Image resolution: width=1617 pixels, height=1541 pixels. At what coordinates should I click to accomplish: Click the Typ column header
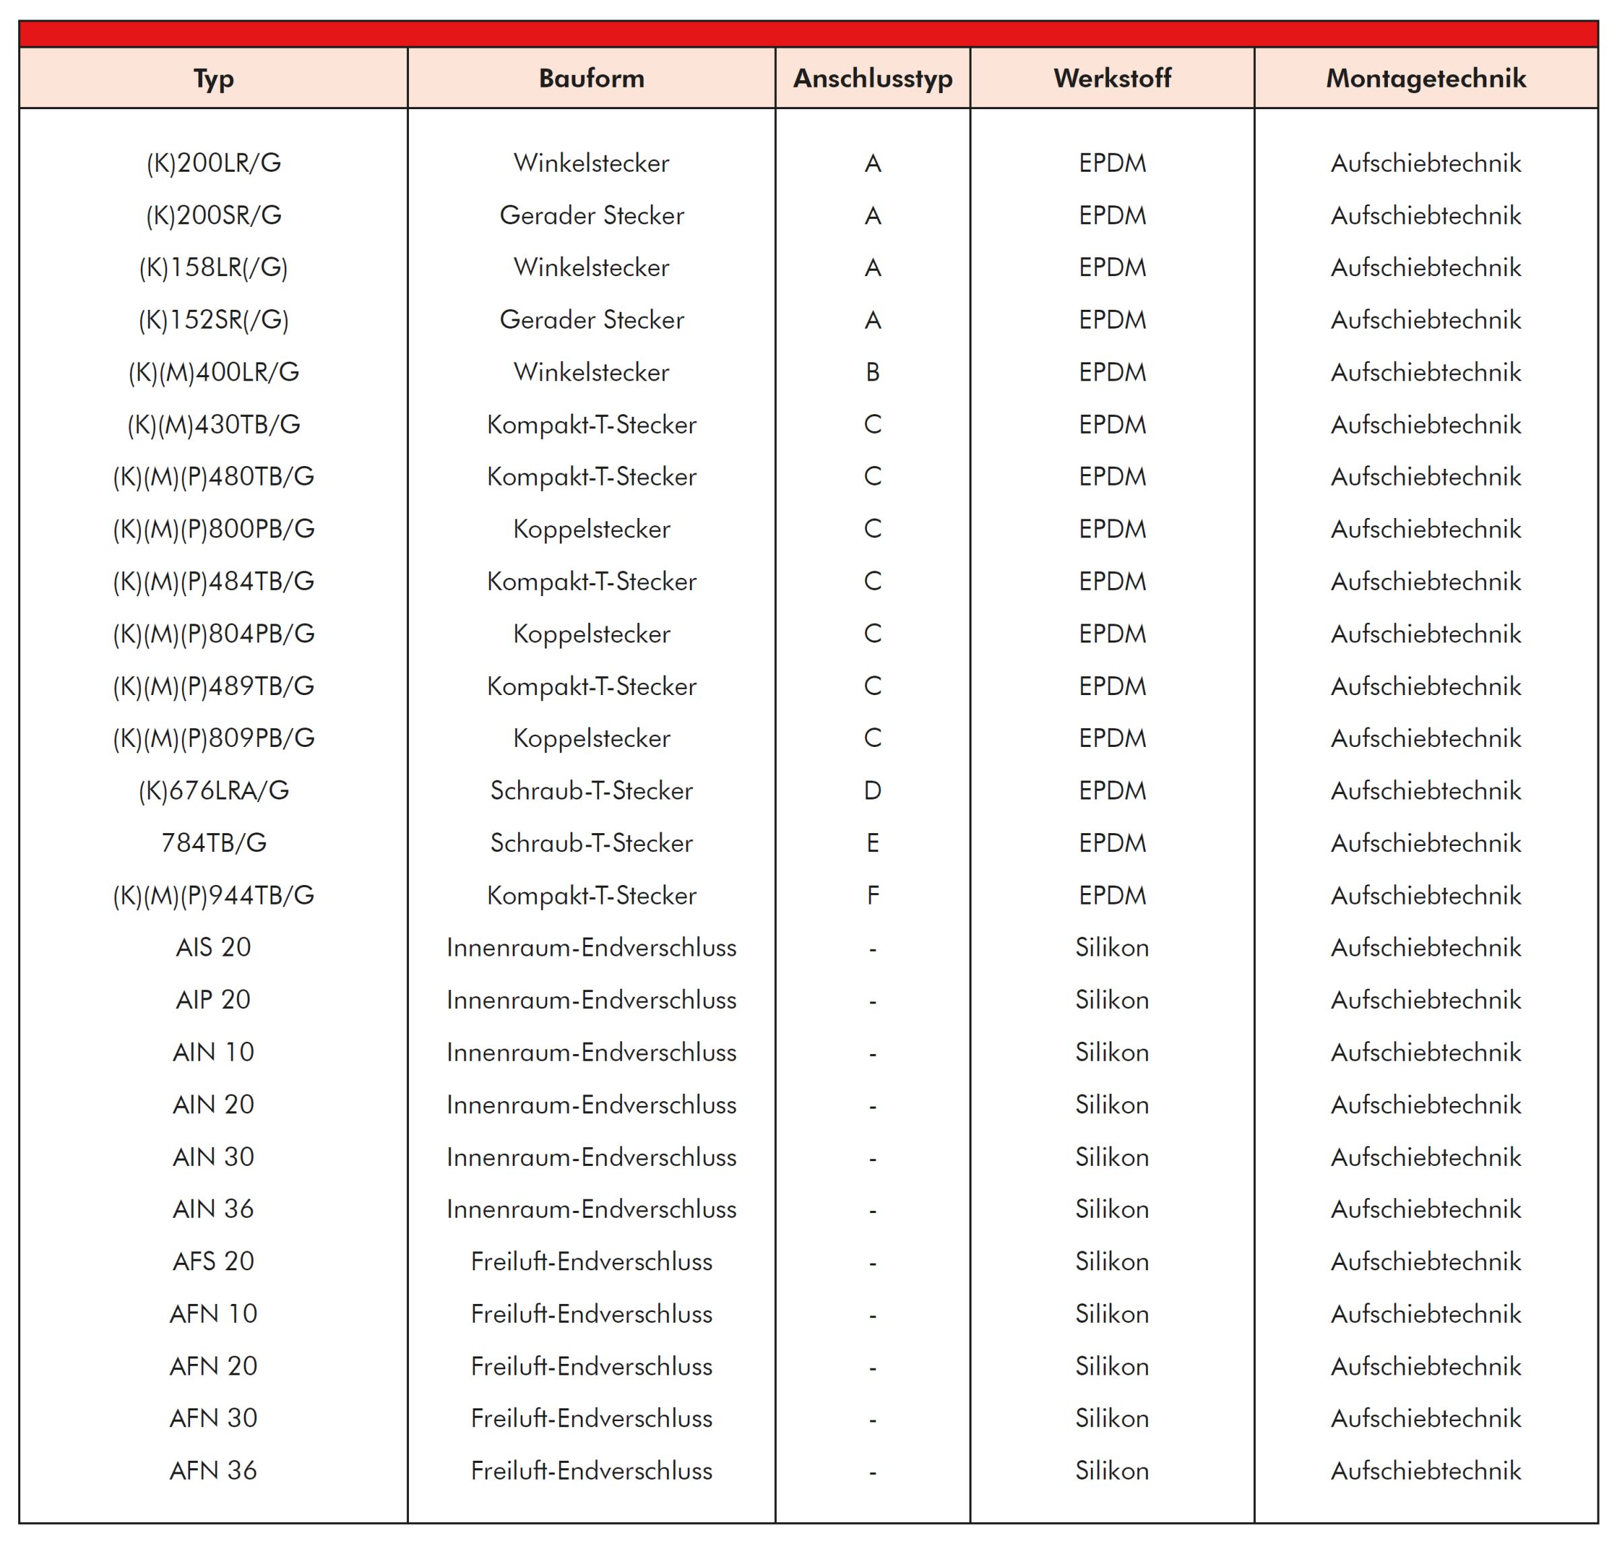point(214,79)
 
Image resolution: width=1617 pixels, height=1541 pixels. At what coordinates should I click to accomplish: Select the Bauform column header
point(592,79)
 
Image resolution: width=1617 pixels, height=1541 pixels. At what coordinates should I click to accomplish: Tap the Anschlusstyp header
point(873,79)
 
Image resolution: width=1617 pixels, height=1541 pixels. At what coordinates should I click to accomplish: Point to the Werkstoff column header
point(1112,79)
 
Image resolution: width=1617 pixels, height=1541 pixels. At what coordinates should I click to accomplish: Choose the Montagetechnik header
point(1426,79)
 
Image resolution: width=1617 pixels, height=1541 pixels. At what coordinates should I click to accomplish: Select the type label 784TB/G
point(214,843)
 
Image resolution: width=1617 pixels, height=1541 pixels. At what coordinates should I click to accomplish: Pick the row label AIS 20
point(214,947)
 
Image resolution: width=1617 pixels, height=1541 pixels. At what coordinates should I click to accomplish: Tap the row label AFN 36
point(214,1470)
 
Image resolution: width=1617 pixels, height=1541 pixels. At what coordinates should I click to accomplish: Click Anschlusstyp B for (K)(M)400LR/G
point(873,372)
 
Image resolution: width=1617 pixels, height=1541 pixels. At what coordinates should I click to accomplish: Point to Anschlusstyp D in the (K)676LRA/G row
point(873,790)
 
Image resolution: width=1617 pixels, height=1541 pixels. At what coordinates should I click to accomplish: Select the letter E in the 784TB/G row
point(873,843)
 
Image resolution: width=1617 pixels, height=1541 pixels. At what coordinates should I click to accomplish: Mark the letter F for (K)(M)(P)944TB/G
point(873,895)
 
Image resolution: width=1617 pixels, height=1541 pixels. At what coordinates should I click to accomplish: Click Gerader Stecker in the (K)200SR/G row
point(592,216)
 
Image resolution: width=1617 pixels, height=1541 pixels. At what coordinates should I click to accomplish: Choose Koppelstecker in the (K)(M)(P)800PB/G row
point(592,529)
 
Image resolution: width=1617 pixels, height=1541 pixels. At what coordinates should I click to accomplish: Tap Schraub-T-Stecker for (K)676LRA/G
point(592,790)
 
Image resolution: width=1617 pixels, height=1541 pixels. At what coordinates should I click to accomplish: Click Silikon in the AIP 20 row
point(1112,999)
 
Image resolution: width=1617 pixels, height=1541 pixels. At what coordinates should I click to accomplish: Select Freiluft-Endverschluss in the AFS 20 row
point(592,1261)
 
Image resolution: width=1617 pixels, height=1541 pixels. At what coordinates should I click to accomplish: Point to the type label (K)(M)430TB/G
point(214,425)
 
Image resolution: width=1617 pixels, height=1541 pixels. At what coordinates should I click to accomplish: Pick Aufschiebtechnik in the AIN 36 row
point(1426,1209)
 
